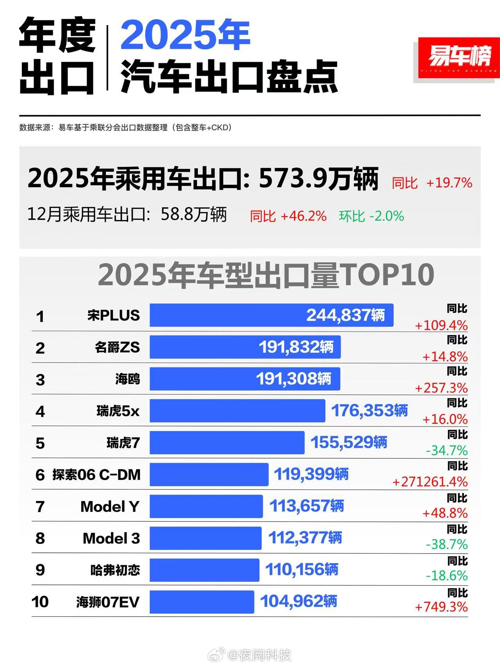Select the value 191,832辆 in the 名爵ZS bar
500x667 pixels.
296,347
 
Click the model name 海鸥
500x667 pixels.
127,379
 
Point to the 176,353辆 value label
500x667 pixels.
369,411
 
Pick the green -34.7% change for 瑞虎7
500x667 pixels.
446,451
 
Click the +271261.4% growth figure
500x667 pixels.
430,482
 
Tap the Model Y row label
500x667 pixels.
110,507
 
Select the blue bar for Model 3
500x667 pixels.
205,538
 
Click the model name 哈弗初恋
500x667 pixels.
115,570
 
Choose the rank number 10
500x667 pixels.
40,602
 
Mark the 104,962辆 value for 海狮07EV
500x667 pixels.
298,601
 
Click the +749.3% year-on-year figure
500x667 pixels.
441,607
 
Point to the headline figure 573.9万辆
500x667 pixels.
318,179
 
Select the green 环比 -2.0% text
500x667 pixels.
371,216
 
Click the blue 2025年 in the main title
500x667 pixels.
185,36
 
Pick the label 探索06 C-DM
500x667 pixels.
96,475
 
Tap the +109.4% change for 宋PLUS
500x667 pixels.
441,325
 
